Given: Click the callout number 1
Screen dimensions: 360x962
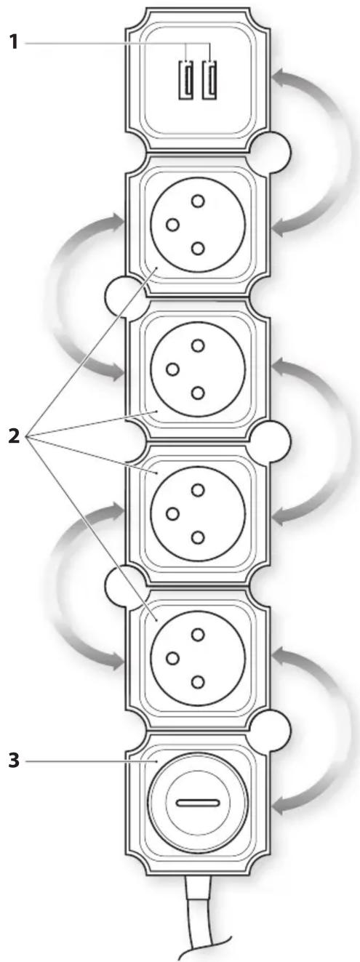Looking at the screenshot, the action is [14, 42].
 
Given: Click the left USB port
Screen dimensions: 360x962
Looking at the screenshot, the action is [185, 80].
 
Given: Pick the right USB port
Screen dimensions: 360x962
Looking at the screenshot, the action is [209, 80].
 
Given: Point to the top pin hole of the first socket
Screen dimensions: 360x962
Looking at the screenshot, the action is [198, 201].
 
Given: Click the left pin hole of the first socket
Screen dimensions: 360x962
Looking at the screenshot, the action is [172, 225].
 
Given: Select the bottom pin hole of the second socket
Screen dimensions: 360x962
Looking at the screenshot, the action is [198, 393].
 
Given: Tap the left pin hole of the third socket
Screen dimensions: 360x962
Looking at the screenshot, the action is [172, 513].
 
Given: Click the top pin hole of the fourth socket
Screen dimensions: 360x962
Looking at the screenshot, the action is [198, 634].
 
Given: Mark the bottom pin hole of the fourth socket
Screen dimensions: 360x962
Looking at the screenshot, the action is [198, 681].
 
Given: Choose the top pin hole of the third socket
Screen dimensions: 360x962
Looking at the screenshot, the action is [198, 489].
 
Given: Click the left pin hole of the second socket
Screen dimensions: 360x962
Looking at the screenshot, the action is [172, 369].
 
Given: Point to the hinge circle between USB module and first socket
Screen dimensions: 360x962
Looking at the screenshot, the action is [271, 151].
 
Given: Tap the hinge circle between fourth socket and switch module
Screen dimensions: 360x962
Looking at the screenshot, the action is [271, 730].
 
